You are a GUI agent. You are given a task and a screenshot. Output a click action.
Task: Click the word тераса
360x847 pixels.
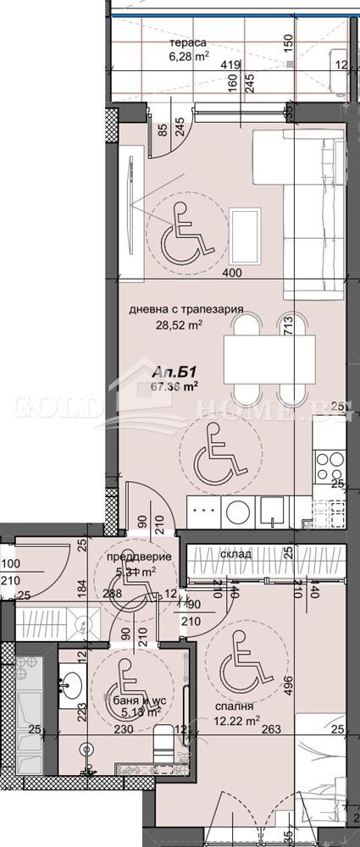(186, 43)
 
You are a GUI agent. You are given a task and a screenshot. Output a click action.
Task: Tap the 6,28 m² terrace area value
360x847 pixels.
(187, 58)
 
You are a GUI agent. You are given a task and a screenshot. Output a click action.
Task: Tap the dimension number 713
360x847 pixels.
(287, 325)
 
